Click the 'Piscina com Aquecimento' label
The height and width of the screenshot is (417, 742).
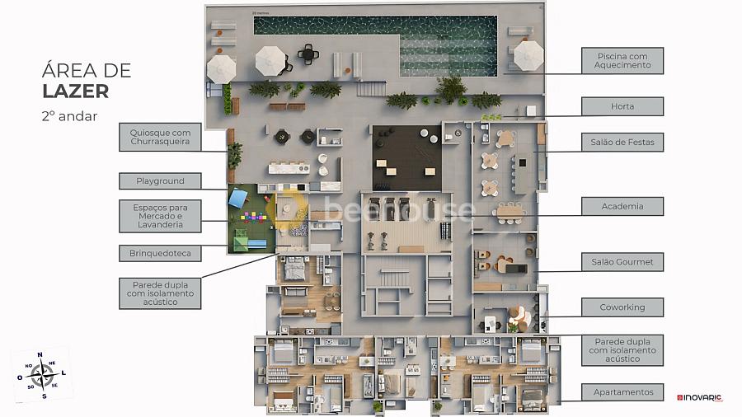click(622, 60)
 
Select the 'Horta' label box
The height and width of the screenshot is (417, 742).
click(622, 106)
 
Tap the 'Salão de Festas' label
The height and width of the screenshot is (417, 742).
click(622, 143)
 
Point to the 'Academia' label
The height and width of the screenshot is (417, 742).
click(622, 206)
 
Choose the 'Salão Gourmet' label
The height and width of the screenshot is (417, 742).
click(622, 262)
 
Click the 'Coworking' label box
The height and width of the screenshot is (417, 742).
click(622, 307)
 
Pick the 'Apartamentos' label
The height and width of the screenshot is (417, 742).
click(622, 392)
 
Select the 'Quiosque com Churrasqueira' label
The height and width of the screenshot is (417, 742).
click(160, 137)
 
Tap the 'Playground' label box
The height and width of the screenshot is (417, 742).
click(160, 180)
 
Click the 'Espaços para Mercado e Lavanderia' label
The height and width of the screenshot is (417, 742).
click(160, 215)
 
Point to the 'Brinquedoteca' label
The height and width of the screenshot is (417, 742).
click(160, 253)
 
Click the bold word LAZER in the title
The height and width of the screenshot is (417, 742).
click(75, 91)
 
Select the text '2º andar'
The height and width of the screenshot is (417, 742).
click(69, 116)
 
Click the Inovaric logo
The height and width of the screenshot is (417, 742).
click(699, 397)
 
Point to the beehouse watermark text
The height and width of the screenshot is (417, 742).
click(400, 211)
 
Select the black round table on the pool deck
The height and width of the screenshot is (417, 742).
click(309, 54)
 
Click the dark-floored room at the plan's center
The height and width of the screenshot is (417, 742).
click(405, 157)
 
